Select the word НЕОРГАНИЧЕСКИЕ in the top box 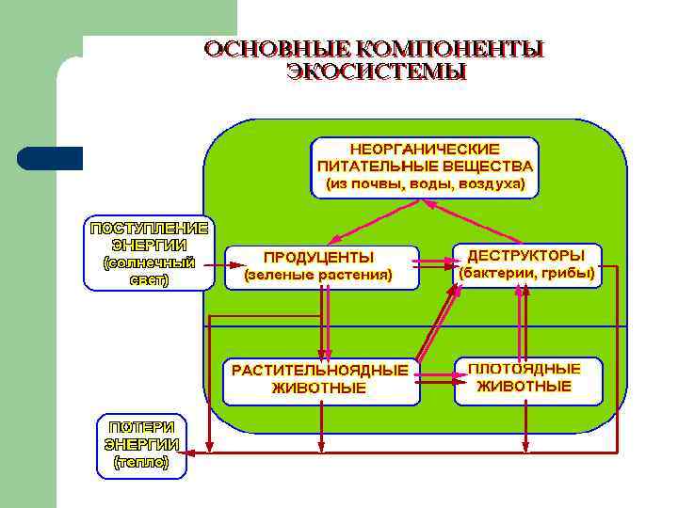click(x=425, y=149)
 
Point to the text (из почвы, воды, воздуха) click(x=425, y=183)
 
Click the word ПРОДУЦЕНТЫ click(x=318, y=257)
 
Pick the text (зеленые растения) click(x=318, y=276)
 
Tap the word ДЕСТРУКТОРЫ click(x=526, y=255)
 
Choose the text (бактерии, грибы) click(x=526, y=274)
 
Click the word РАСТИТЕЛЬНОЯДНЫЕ click(x=320, y=370)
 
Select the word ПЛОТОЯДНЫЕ click(x=525, y=369)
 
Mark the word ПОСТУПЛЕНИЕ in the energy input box click(x=148, y=228)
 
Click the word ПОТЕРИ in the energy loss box click(x=141, y=426)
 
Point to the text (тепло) click(x=141, y=462)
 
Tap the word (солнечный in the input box click(x=148, y=262)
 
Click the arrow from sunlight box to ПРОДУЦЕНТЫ click(x=218, y=264)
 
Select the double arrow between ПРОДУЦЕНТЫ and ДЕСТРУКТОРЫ click(x=434, y=263)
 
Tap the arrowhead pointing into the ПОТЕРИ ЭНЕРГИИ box click(x=188, y=452)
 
